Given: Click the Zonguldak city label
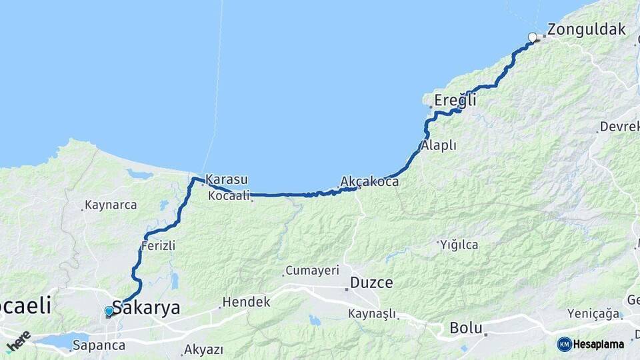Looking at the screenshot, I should [x=586, y=29].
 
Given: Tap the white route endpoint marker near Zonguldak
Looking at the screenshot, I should [x=532, y=37].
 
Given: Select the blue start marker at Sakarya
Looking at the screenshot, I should [x=109, y=311].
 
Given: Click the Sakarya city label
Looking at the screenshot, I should [x=146, y=308].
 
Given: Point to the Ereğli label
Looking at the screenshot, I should [x=455, y=101].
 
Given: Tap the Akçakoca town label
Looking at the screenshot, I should [x=369, y=181].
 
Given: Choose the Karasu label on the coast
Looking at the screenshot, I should [x=227, y=179].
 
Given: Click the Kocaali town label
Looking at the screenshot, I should [x=229, y=195].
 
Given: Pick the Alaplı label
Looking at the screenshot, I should [x=438, y=145].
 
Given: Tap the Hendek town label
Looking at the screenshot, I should [x=246, y=302].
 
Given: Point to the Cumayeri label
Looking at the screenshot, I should [x=312, y=271].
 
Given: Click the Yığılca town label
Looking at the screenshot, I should [x=459, y=245].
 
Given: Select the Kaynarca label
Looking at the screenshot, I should [x=111, y=205].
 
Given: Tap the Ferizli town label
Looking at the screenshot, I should [x=158, y=246].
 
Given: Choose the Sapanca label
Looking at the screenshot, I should [x=99, y=345].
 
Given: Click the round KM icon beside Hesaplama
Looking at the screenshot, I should [x=564, y=344].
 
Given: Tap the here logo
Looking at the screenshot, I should [x=18, y=342].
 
